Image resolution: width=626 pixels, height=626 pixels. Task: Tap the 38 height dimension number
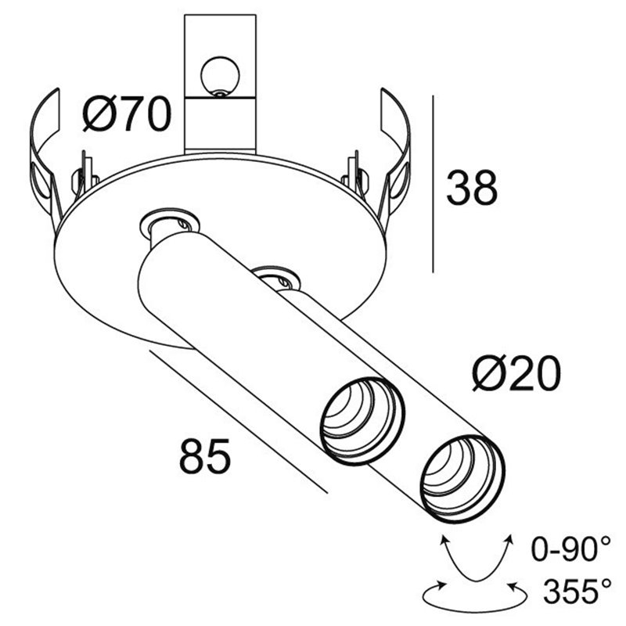(x=472, y=189)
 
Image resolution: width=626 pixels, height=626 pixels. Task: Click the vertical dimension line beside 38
(x=433, y=184)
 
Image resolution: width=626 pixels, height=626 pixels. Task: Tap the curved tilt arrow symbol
(x=475, y=559)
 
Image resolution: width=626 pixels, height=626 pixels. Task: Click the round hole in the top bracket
(x=218, y=75)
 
